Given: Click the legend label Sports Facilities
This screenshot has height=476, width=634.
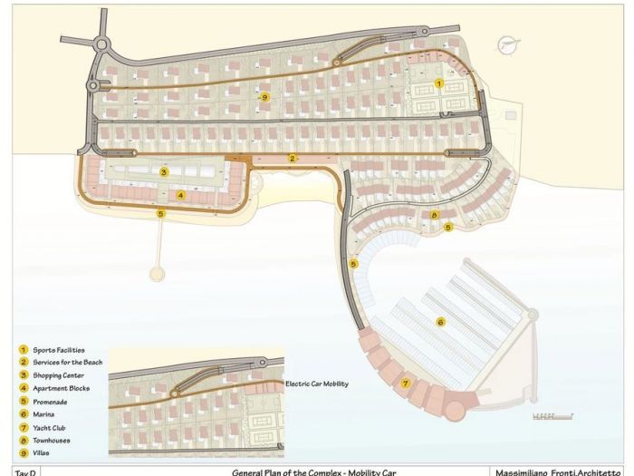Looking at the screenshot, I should (x=59, y=349).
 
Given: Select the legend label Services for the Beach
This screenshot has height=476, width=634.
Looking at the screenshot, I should (x=68, y=362).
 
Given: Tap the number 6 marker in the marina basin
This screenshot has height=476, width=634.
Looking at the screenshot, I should (x=440, y=321).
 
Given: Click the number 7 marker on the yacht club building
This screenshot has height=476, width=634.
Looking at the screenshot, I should (x=405, y=383).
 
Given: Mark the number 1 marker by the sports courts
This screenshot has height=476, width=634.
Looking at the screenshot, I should (x=439, y=83).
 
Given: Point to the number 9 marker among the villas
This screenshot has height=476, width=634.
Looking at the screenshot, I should (x=264, y=96).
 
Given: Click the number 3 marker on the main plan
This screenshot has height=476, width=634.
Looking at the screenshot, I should (x=164, y=171).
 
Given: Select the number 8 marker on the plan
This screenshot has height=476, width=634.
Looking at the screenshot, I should (x=435, y=215).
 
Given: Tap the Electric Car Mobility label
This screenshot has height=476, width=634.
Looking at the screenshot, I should (x=316, y=384).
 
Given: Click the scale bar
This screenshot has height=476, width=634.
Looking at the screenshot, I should (x=552, y=416).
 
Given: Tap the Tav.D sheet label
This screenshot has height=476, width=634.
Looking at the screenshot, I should (x=25, y=471).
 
